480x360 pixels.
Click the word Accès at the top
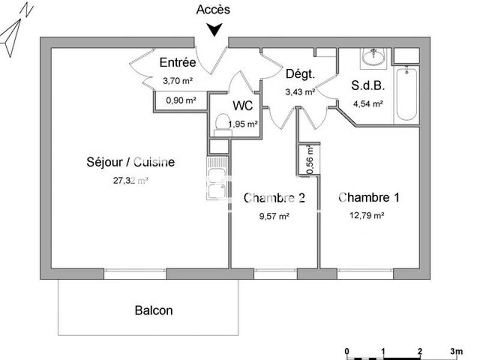click(213, 9)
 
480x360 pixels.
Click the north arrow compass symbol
click(13, 31)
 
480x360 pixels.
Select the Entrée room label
click(178, 62)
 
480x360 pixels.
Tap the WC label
click(243, 106)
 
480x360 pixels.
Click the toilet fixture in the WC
click(221, 122)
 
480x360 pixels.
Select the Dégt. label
click(300, 74)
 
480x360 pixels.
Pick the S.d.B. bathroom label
click(368, 85)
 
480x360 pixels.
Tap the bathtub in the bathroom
click(406, 94)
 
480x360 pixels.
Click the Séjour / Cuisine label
click(131, 162)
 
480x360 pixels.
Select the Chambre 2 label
click(274, 198)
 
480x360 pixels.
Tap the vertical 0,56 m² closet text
click(310, 161)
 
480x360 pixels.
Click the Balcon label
click(154, 310)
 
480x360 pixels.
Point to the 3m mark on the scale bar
click(456, 350)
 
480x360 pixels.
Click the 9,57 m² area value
click(274, 217)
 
